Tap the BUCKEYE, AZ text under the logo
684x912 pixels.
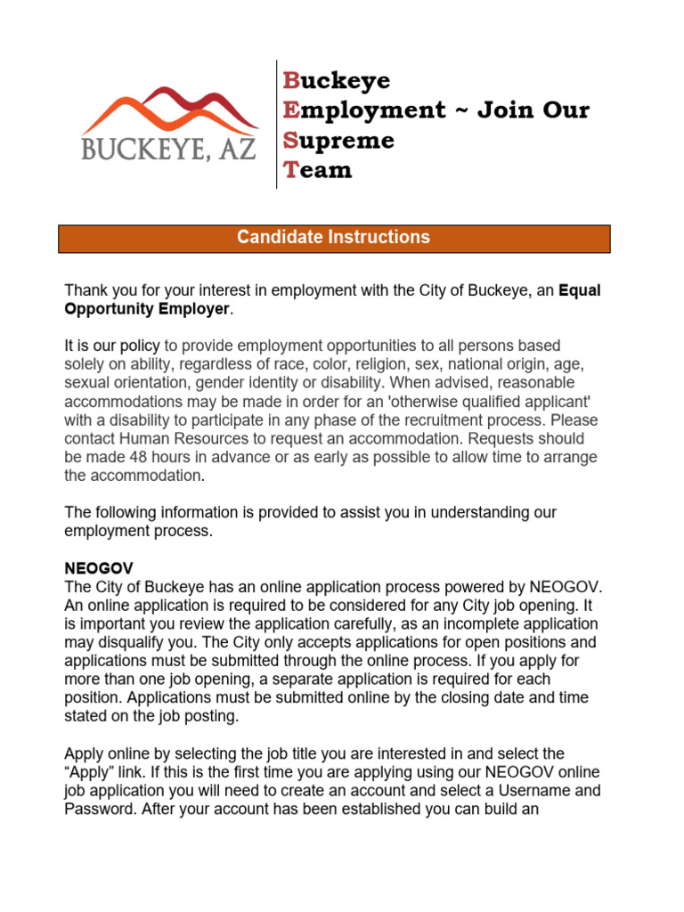point(169,148)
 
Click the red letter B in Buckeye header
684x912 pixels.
point(290,81)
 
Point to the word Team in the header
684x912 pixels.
point(317,170)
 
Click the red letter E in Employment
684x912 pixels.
point(290,110)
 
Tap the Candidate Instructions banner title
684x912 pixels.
point(334,238)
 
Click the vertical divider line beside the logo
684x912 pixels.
point(276,125)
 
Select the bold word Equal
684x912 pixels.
point(580,290)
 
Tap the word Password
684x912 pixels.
point(100,809)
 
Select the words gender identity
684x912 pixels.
point(238,382)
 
